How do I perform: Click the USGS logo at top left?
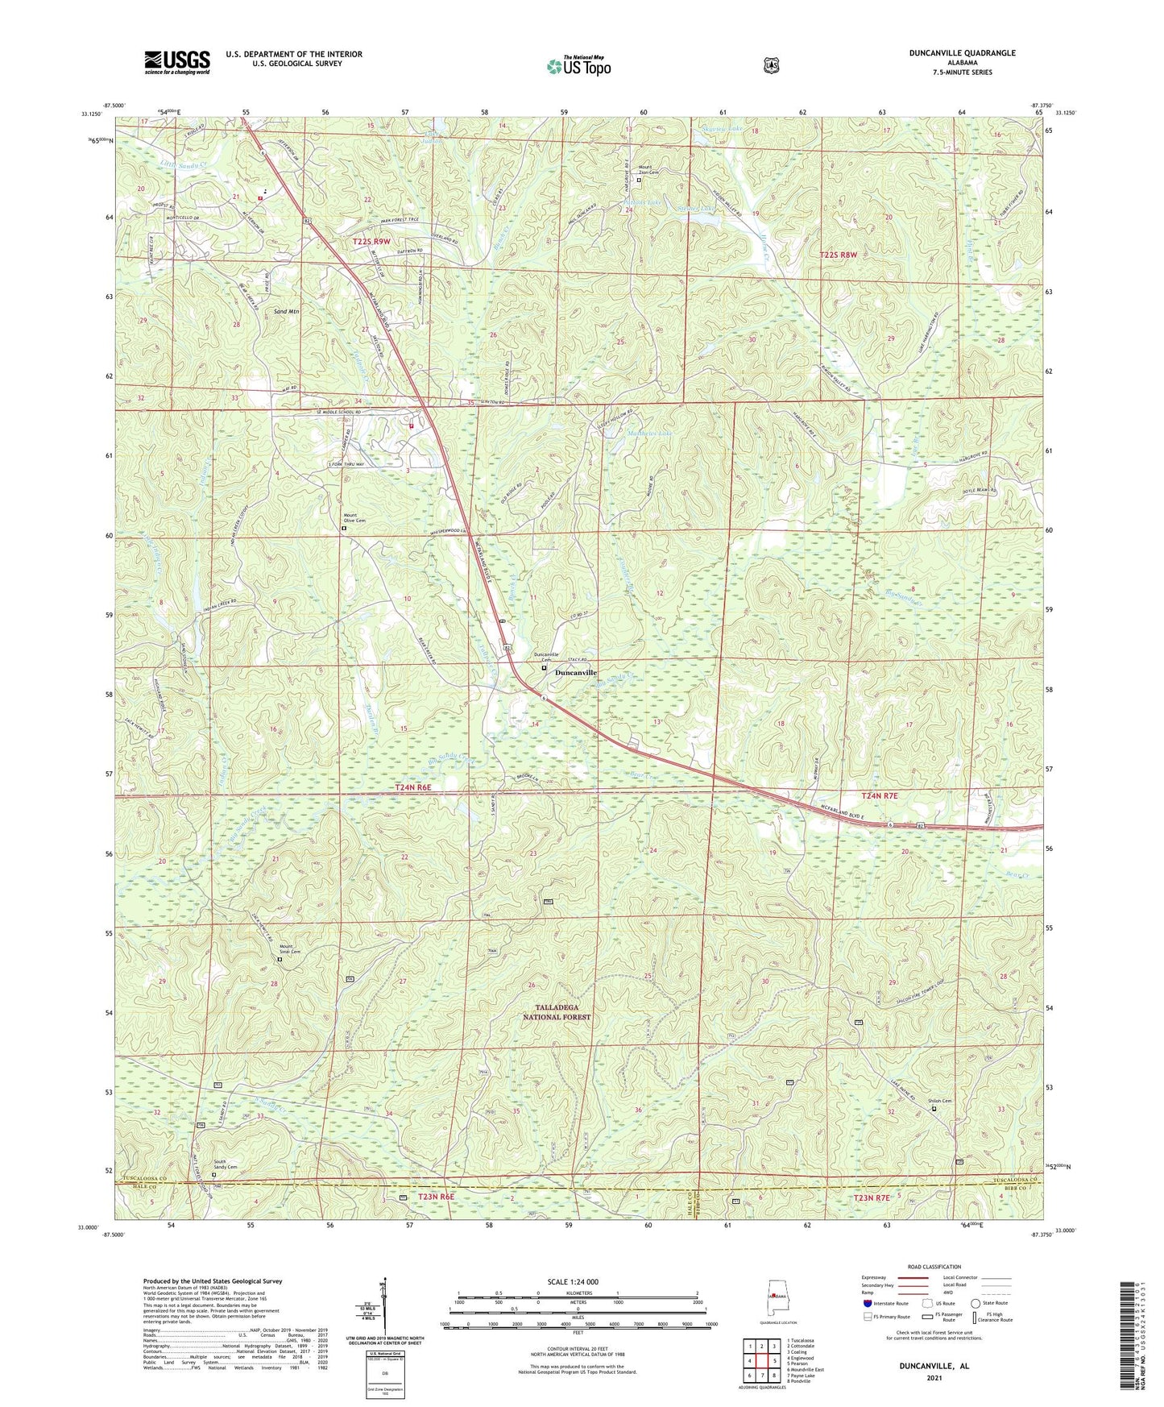click(x=177, y=61)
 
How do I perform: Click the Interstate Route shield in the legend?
click(x=867, y=1302)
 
